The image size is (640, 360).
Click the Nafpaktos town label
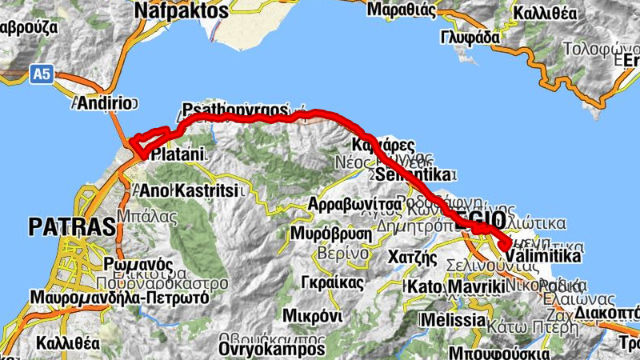point(182,10)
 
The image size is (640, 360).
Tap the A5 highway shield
point(41,74)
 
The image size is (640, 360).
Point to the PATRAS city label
point(71,226)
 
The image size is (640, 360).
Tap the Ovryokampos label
point(271,350)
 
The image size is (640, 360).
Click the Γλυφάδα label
point(470,37)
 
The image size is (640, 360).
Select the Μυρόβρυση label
point(330,234)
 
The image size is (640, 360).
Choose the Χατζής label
point(412,258)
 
